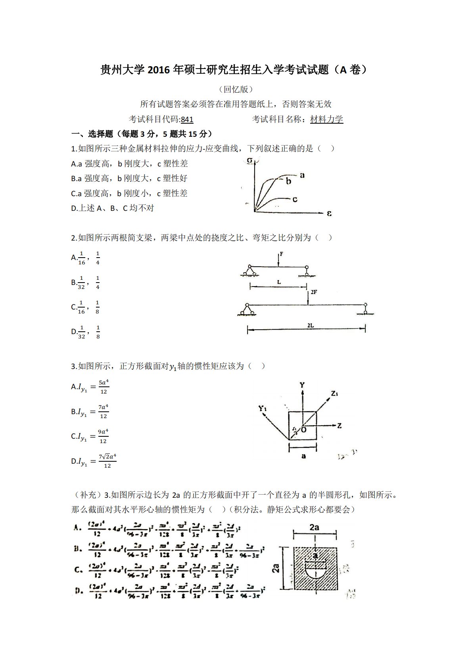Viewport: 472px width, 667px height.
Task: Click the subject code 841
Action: [x=187, y=119]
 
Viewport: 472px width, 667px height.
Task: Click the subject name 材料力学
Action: [x=326, y=119]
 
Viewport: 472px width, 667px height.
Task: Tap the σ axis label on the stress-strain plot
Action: [x=250, y=161]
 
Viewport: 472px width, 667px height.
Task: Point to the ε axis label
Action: [x=329, y=214]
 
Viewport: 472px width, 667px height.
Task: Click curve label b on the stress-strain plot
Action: [x=288, y=182]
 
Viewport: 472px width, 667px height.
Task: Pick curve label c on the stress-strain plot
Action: [x=295, y=199]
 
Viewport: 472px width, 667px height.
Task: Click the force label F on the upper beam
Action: [x=281, y=254]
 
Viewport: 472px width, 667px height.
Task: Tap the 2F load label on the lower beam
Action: [x=313, y=292]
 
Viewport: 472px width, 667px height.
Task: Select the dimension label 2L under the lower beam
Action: [x=310, y=325]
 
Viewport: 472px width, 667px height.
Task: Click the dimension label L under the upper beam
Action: [x=279, y=282]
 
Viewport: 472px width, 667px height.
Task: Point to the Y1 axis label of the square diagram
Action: [x=263, y=408]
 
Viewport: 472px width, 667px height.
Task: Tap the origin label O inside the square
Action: [x=304, y=430]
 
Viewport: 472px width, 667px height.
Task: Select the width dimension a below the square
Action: [x=303, y=456]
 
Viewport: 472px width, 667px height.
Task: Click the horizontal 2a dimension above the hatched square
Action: [x=315, y=527]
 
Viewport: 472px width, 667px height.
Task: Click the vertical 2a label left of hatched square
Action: [x=277, y=568]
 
